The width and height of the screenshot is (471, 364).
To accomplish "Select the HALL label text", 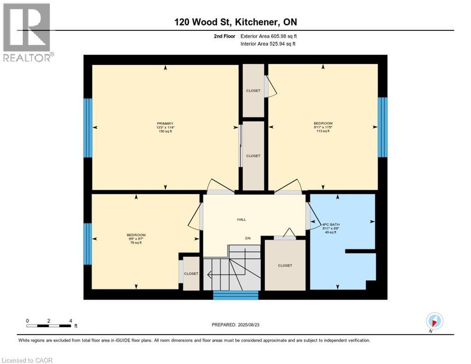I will (242, 219).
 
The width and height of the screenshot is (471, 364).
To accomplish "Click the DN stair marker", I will (247, 238).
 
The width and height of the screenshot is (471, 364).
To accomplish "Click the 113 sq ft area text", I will (323, 131).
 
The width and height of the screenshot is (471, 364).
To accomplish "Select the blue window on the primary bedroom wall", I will (88, 128).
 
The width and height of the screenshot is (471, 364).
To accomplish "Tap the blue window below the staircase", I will (235, 295).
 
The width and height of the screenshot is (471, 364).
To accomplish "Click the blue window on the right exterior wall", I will (382, 127).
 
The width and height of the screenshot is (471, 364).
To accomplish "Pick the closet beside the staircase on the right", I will (285, 265).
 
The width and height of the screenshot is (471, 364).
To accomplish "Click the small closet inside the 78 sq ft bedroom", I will (191, 273).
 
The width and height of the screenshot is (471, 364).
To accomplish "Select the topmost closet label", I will (253, 91).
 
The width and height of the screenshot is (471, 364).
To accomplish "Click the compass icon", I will (434, 321).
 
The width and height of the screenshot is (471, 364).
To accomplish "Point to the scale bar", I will (49, 326).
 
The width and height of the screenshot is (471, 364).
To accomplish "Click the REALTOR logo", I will (27, 32).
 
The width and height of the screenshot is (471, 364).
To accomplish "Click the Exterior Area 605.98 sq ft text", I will (268, 36).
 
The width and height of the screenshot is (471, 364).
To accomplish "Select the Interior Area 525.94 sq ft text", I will (268, 44).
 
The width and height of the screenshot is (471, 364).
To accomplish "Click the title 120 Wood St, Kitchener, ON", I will (235, 22).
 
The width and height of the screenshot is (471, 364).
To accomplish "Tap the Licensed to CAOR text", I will (27, 360).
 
